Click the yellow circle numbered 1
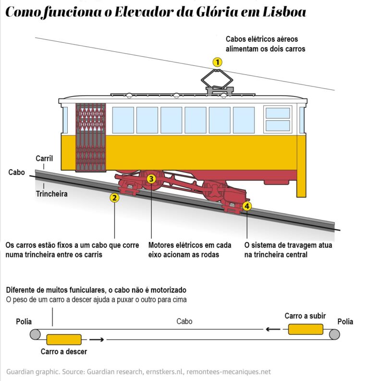(x=218, y=62)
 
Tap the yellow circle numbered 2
(x=114, y=197)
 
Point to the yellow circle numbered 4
(x=247, y=206)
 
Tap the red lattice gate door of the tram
(x=91, y=137)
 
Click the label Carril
(x=44, y=159)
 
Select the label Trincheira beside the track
(x=52, y=194)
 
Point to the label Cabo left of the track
(x=17, y=172)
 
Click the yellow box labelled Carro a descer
(x=64, y=339)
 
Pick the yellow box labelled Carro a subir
(x=306, y=329)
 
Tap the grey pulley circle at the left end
(x=36, y=334)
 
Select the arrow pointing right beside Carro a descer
(x=97, y=340)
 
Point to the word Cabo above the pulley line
(x=184, y=321)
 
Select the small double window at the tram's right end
(x=278, y=119)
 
